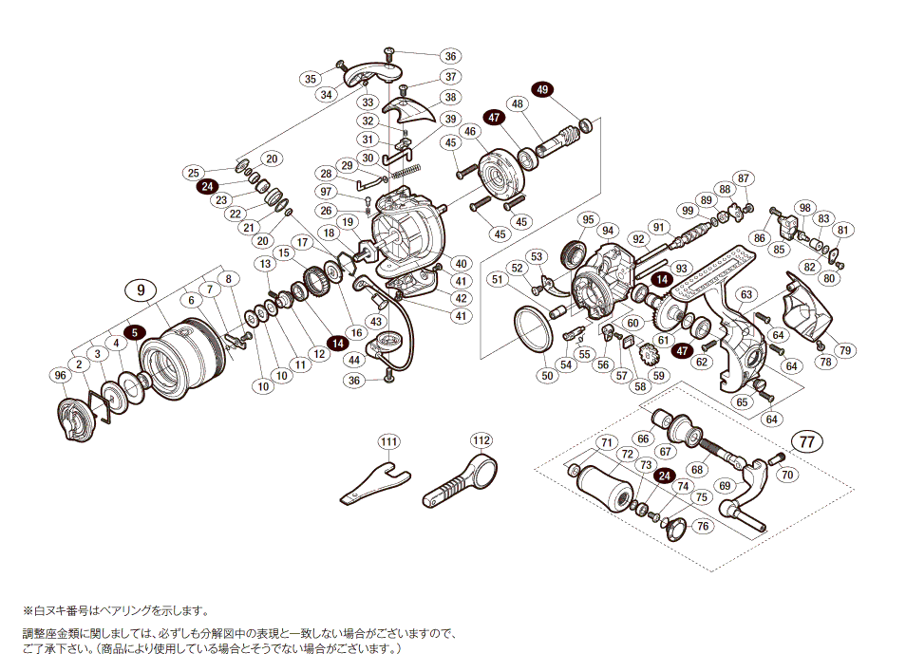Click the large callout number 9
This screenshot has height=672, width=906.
click(141, 289)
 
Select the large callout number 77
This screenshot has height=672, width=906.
click(806, 441)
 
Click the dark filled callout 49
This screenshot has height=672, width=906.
click(542, 89)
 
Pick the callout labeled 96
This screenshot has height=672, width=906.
click(61, 376)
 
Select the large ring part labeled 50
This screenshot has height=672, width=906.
click(536, 326)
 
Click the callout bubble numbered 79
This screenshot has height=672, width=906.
click(845, 350)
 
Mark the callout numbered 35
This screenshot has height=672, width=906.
click(310, 79)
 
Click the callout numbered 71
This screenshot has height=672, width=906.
click(604, 443)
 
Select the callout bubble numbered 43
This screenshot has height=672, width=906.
click(376, 322)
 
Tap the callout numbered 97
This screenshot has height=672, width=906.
click(326, 192)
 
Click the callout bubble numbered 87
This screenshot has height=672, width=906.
click(744, 178)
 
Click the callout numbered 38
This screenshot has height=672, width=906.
click(450, 97)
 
